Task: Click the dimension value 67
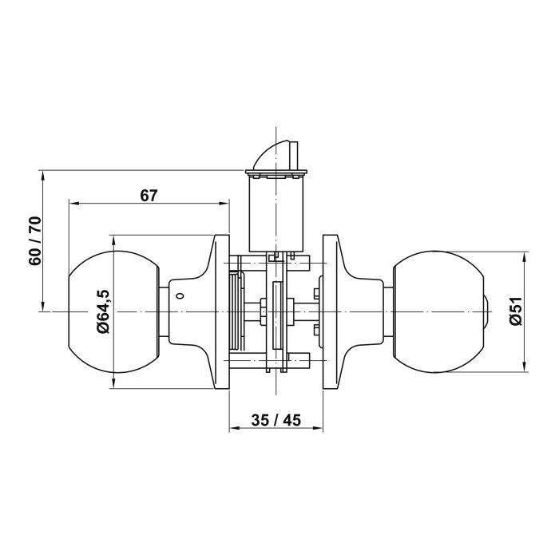coord(149,194)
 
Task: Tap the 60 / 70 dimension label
coord(34,241)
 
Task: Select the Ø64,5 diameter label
coord(103,311)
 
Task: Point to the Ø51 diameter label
coord(514,311)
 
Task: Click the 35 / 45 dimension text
coord(276,421)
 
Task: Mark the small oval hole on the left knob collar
coord(178,296)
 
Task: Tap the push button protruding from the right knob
coord(489,311)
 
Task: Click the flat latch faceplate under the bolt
coord(276,172)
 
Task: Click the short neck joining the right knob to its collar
coord(389,311)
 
